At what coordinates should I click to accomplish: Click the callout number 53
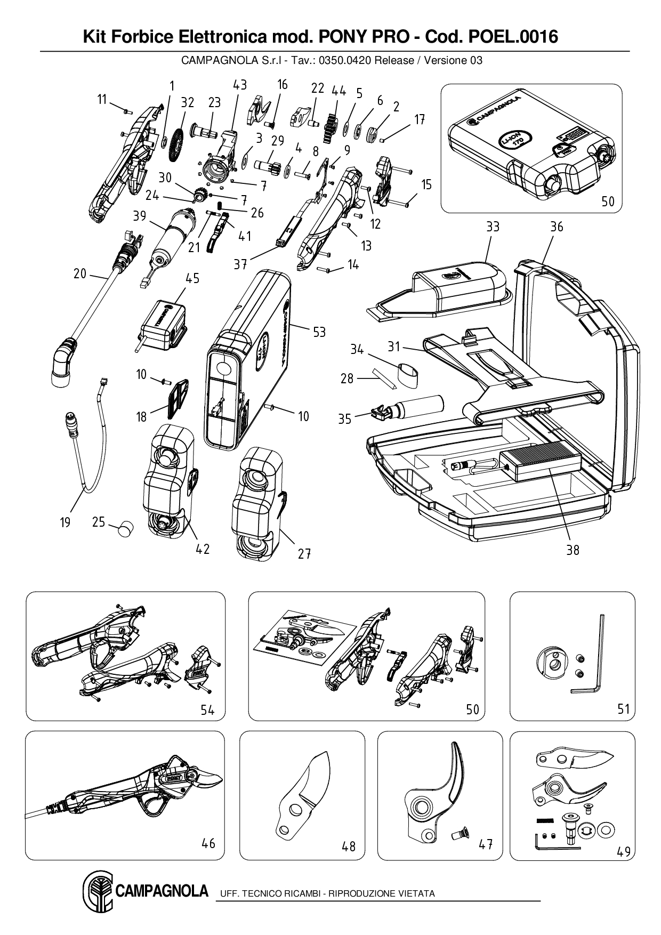point(319,332)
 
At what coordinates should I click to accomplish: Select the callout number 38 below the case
point(573,550)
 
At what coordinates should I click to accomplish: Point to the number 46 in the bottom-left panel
point(208,843)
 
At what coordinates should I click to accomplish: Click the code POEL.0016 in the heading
point(513,37)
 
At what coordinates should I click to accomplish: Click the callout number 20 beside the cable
point(80,273)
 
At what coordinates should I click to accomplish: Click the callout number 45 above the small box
point(192,278)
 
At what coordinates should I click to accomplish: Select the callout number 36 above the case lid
point(557,227)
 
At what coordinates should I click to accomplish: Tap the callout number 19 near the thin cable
point(65,522)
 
